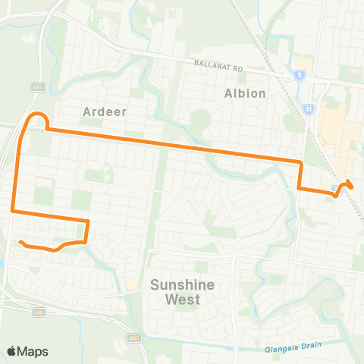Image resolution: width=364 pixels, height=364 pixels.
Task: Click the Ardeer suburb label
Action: (x=104, y=111)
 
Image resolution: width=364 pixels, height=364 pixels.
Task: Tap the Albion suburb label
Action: (x=245, y=93)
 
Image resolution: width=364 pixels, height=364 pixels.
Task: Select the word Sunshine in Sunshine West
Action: (x=183, y=285)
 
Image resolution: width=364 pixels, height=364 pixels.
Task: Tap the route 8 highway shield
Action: (x=300, y=75)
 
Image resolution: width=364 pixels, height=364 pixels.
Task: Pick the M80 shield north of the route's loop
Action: (x=36, y=88)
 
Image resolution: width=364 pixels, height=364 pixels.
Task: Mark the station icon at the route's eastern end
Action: (x=336, y=189)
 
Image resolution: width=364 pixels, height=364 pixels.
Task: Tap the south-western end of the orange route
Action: (x=21, y=242)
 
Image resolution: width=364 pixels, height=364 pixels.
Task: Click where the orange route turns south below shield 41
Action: (x=301, y=162)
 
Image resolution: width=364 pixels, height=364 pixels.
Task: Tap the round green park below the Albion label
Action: (x=199, y=118)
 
